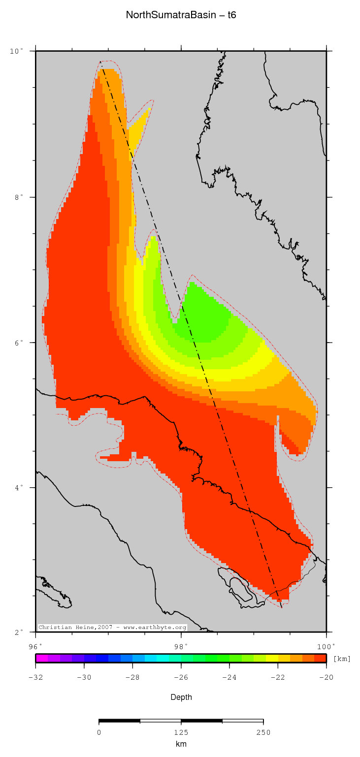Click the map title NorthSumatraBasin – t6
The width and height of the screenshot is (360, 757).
pyautogui.click(x=181, y=15)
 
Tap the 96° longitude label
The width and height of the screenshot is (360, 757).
pyautogui.click(x=35, y=646)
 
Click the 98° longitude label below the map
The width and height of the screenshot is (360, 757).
pyautogui.click(x=181, y=646)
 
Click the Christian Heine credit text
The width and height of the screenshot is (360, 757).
pyautogui.click(x=112, y=628)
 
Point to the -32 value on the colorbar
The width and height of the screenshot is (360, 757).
pyautogui.click(x=35, y=677)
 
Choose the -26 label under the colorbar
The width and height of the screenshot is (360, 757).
pyautogui.click(x=181, y=677)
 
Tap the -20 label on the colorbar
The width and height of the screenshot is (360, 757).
pyautogui.click(x=326, y=677)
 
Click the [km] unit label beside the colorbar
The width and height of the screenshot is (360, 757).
pyautogui.click(x=342, y=659)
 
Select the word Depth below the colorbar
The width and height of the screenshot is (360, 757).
pyautogui.click(x=181, y=697)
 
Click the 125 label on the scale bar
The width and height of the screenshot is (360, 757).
pyautogui.click(x=181, y=732)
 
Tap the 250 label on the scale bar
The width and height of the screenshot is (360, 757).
pyautogui.click(x=263, y=732)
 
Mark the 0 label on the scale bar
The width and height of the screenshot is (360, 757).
pyautogui.click(x=99, y=732)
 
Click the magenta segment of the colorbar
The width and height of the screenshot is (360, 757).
pyautogui.click(x=42, y=658)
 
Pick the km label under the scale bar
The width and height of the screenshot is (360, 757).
pyautogui.click(x=181, y=744)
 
